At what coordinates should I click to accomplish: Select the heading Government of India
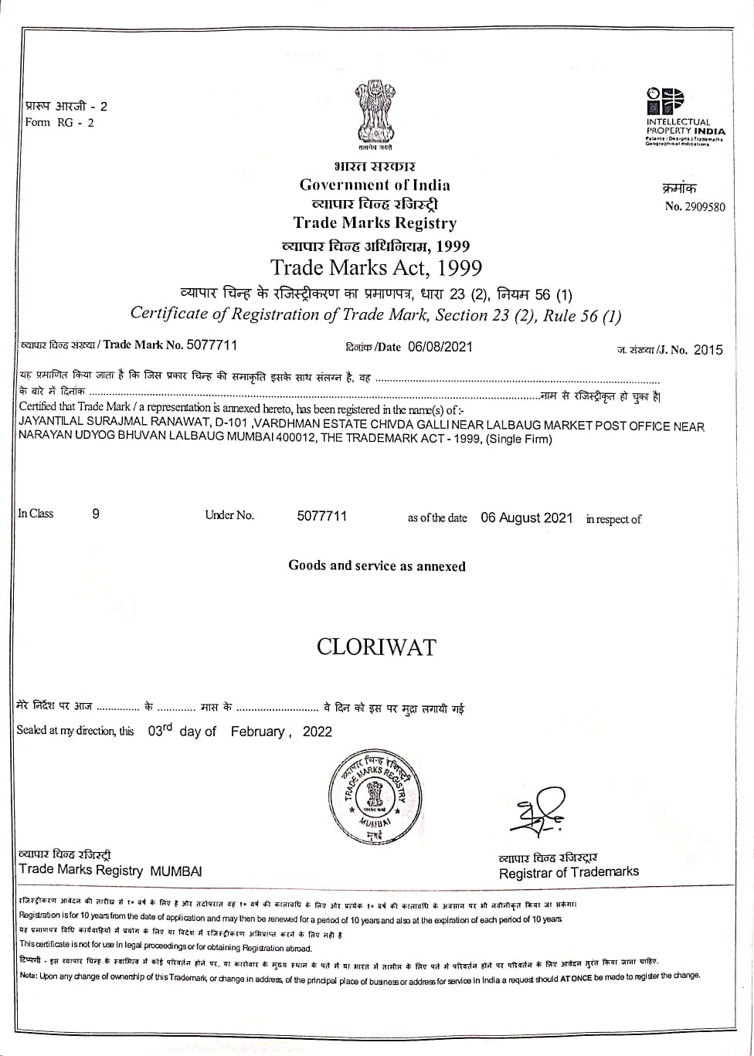point(375,185)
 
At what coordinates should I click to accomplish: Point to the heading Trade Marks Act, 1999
point(376,268)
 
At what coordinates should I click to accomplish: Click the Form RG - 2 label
point(59,122)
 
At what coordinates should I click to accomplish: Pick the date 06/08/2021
point(440,347)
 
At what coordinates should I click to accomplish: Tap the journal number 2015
point(708,350)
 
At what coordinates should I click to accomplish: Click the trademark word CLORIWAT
point(376,647)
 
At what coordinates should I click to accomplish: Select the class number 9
point(96,514)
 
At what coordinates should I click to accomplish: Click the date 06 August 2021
point(527,518)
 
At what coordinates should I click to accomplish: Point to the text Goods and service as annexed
point(377,565)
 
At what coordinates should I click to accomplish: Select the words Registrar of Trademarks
point(569,872)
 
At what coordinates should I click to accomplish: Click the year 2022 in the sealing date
point(317,732)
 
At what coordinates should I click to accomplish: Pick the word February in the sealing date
point(259,732)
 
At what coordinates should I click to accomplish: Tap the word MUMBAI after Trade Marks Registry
point(176,871)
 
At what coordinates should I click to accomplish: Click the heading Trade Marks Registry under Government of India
point(375,223)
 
